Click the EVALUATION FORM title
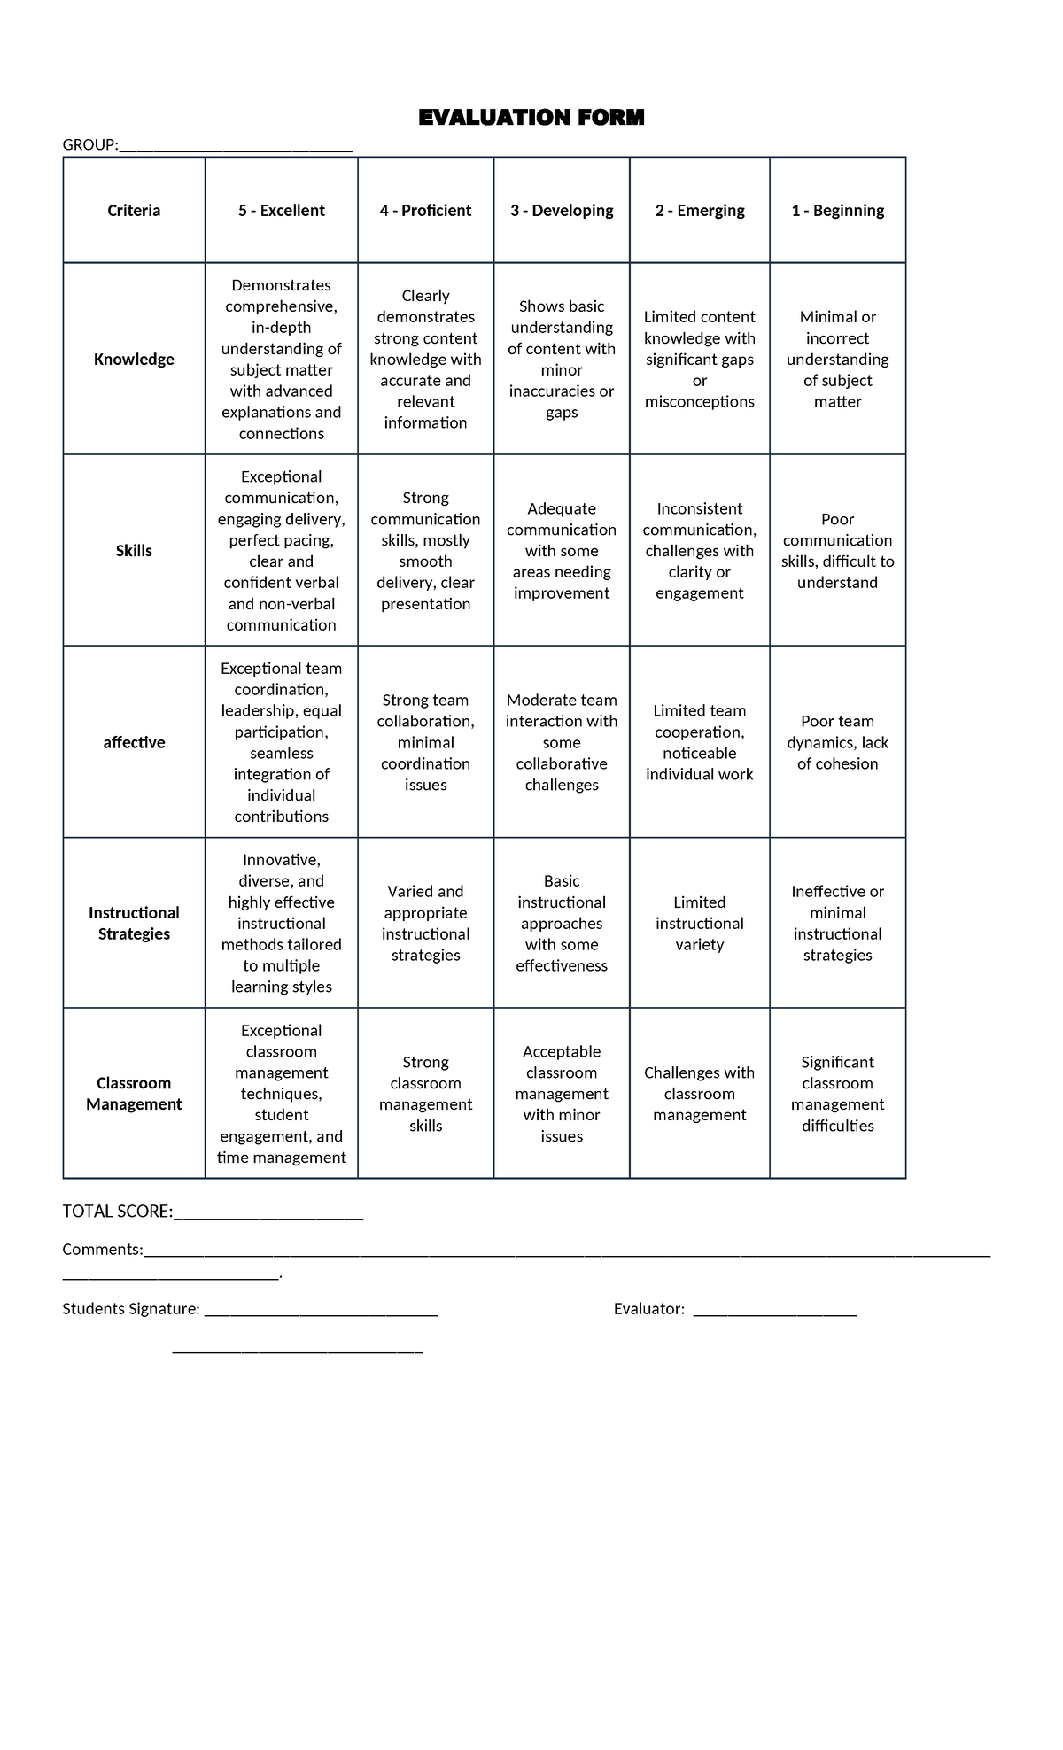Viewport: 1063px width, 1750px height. coord(531,118)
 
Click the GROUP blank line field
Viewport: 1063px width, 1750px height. coord(236,148)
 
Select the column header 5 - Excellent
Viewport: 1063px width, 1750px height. coord(281,211)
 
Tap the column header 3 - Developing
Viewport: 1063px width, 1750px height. coord(562,211)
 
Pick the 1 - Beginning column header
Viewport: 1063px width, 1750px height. coord(837,211)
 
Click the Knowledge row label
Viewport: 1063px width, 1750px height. coord(134,360)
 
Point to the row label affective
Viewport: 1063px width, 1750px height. coord(134,743)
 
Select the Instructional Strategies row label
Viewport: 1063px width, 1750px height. coord(134,924)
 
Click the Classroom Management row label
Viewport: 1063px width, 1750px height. coord(134,1094)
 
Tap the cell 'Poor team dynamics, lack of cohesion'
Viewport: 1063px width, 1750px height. coord(837,743)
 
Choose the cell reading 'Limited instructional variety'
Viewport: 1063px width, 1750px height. coord(699,924)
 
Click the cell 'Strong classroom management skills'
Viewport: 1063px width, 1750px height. coord(425,1094)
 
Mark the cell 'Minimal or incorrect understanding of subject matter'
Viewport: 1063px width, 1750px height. coord(837,360)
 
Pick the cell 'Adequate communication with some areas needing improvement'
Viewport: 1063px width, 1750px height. coord(562,551)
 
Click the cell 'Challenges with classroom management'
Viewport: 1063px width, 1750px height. coord(699,1094)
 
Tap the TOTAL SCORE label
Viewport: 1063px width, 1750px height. coord(117,1212)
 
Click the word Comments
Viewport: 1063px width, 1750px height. coord(102,1250)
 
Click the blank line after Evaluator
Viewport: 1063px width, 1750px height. coord(775,1312)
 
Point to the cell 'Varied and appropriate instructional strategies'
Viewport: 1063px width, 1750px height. coord(425,924)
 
